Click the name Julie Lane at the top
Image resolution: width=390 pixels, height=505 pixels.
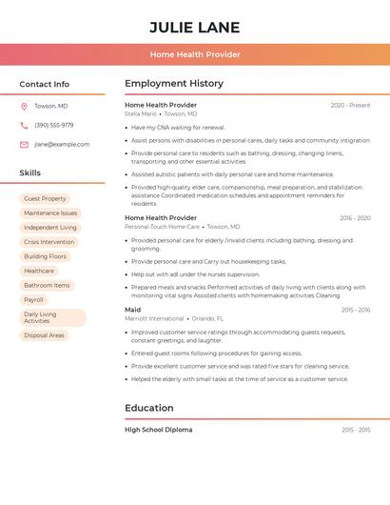[x=195, y=28]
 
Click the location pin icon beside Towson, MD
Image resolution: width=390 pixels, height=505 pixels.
[x=24, y=107]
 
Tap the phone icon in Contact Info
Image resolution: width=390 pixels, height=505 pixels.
[x=24, y=126]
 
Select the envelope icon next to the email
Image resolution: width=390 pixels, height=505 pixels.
[x=24, y=145]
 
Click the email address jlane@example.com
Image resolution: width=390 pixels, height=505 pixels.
[x=62, y=145]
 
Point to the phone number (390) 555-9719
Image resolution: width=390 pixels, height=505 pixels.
[x=54, y=126]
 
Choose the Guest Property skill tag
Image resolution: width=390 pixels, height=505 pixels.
[x=45, y=199]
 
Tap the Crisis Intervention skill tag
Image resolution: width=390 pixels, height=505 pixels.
[x=49, y=242]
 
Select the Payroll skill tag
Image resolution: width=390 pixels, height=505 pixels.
[x=34, y=300]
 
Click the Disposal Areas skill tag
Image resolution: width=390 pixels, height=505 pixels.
[x=44, y=335]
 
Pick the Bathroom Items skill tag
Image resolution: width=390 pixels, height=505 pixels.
[x=47, y=285]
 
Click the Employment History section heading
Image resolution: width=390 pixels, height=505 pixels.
[x=174, y=84]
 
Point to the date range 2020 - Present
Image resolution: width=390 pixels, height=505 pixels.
[x=350, y=106]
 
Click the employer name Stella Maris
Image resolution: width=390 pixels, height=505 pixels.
[x=140, y=114]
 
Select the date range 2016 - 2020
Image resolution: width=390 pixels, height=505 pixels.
[x=355, y=218]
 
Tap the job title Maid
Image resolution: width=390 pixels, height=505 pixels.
[x=132, y=310]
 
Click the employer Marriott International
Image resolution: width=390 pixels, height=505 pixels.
[x=154, y=318]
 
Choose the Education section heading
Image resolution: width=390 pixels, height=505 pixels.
[x=148, y=409]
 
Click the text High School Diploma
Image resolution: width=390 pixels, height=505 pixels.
[x=158, y=430]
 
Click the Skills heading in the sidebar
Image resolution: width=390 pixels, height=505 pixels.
[x=30, y=173]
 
